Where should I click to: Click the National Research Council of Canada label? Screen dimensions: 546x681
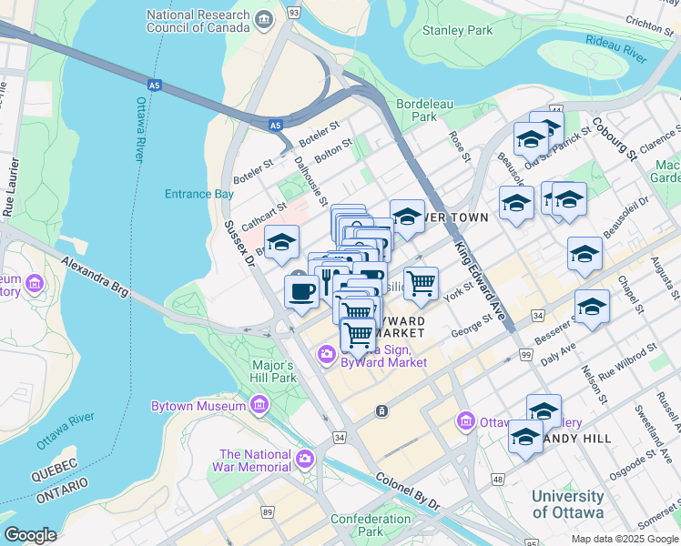click(x=198, y=22)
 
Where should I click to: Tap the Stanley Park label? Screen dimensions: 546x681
click(x=457, y=30)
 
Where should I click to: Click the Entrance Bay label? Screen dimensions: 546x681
click(x=199, y=194)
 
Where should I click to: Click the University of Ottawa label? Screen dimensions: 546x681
click(x=567, y=504)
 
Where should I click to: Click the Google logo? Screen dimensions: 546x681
click(x=30, y=535)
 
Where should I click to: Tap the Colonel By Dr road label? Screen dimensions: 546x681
click(x=407, y=491)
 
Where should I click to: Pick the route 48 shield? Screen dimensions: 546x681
click(x=497, y=479)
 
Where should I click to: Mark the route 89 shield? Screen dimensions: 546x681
click(x=268, y=511)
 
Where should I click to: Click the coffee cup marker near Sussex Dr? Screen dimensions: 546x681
click(x=301, y=291)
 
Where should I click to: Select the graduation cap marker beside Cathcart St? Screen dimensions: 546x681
click(x=282, y=242)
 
